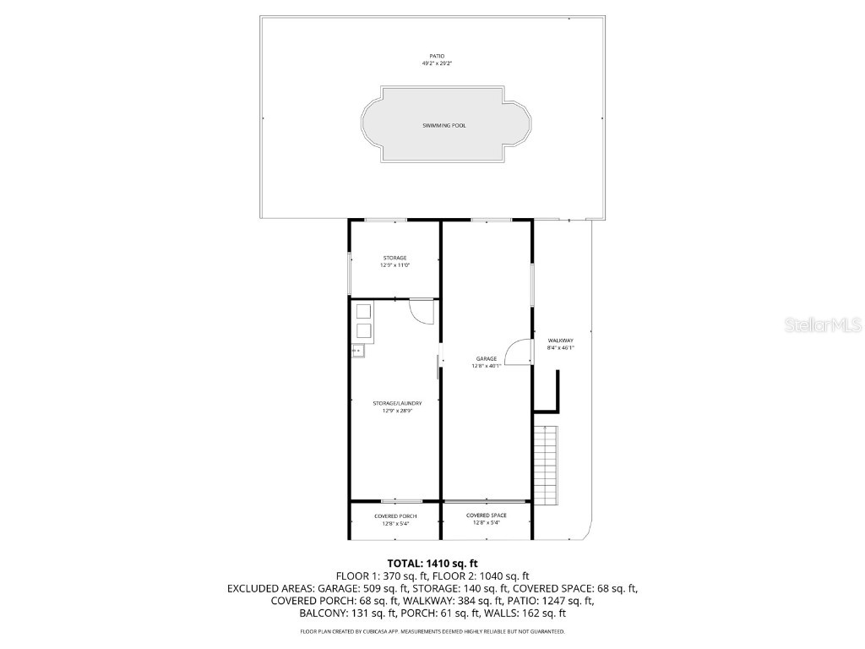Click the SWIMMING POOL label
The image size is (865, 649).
444,125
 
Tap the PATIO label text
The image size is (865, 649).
437,56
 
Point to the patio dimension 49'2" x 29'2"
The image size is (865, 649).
437,63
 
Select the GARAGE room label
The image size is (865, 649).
486,358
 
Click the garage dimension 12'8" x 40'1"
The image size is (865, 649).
486,366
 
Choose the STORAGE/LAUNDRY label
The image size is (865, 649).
397,403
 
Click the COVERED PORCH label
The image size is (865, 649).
395,515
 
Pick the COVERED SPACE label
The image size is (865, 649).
487,515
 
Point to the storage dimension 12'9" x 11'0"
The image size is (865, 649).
394,265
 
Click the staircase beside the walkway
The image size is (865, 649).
547,465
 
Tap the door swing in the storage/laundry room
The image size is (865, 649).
421,311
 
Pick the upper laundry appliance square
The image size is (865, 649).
362,310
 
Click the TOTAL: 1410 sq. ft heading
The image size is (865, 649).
432,563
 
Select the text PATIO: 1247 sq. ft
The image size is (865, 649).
553,601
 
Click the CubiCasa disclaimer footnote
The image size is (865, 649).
432,631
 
